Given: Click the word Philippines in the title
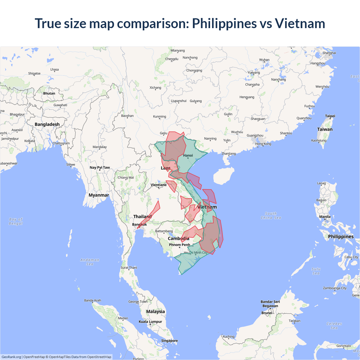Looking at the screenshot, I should coord(224,23).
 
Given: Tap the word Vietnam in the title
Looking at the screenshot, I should coord(300,23).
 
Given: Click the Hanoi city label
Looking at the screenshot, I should coord(188,156).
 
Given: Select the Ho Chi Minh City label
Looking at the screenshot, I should coord(196,253).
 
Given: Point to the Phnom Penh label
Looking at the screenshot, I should coord(179,245).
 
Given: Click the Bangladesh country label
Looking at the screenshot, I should coord(47,124).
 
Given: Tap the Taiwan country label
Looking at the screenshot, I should coord(325,129).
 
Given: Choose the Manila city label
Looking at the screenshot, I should coord(325,217).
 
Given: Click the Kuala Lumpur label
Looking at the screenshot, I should coord(150,321).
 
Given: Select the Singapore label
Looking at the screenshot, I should coord(169,341).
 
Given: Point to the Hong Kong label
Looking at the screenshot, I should coord(263,144).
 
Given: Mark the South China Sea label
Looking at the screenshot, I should coord(271,216).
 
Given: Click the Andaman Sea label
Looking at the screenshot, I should coord(90,262).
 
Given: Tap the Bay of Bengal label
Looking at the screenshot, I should coord(16,221).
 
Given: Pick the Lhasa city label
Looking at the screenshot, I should coord(55,69).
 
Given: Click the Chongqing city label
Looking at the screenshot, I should coord(194,70).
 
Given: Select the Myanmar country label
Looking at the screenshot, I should coord(99,195).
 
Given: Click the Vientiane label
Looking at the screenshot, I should coord(159,185).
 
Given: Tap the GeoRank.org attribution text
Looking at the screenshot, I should coord(11,357).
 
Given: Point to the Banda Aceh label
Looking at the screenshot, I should coord(93,300).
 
